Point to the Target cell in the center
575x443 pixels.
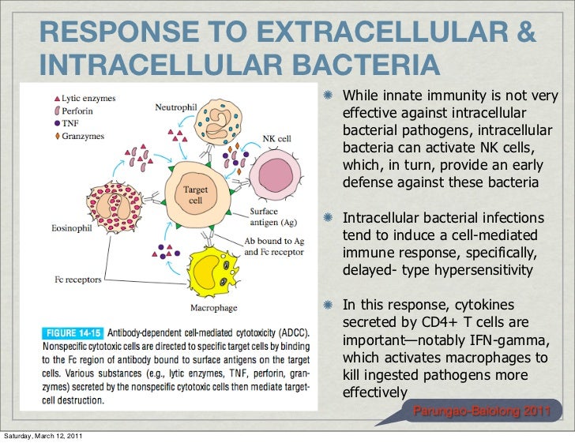194,193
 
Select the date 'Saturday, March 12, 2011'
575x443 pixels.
46,436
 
